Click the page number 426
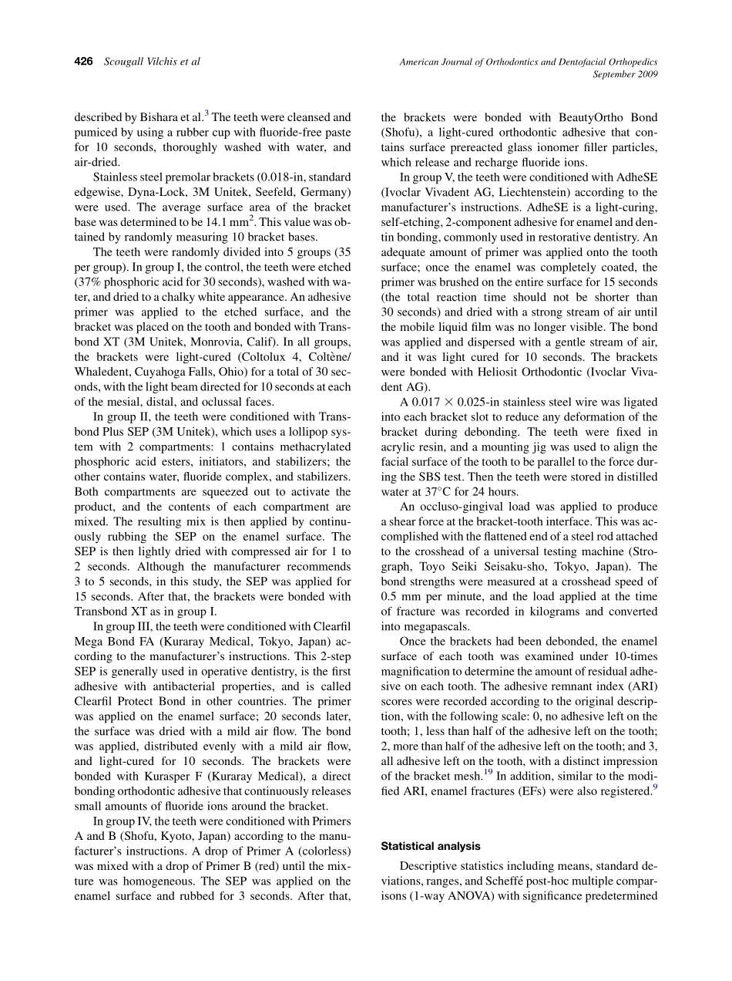pyautogui.click(x=84, y=61)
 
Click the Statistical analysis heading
pyautogui.click(x=431, y=846)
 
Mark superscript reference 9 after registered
pyautogui.click(x=655, y=787)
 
